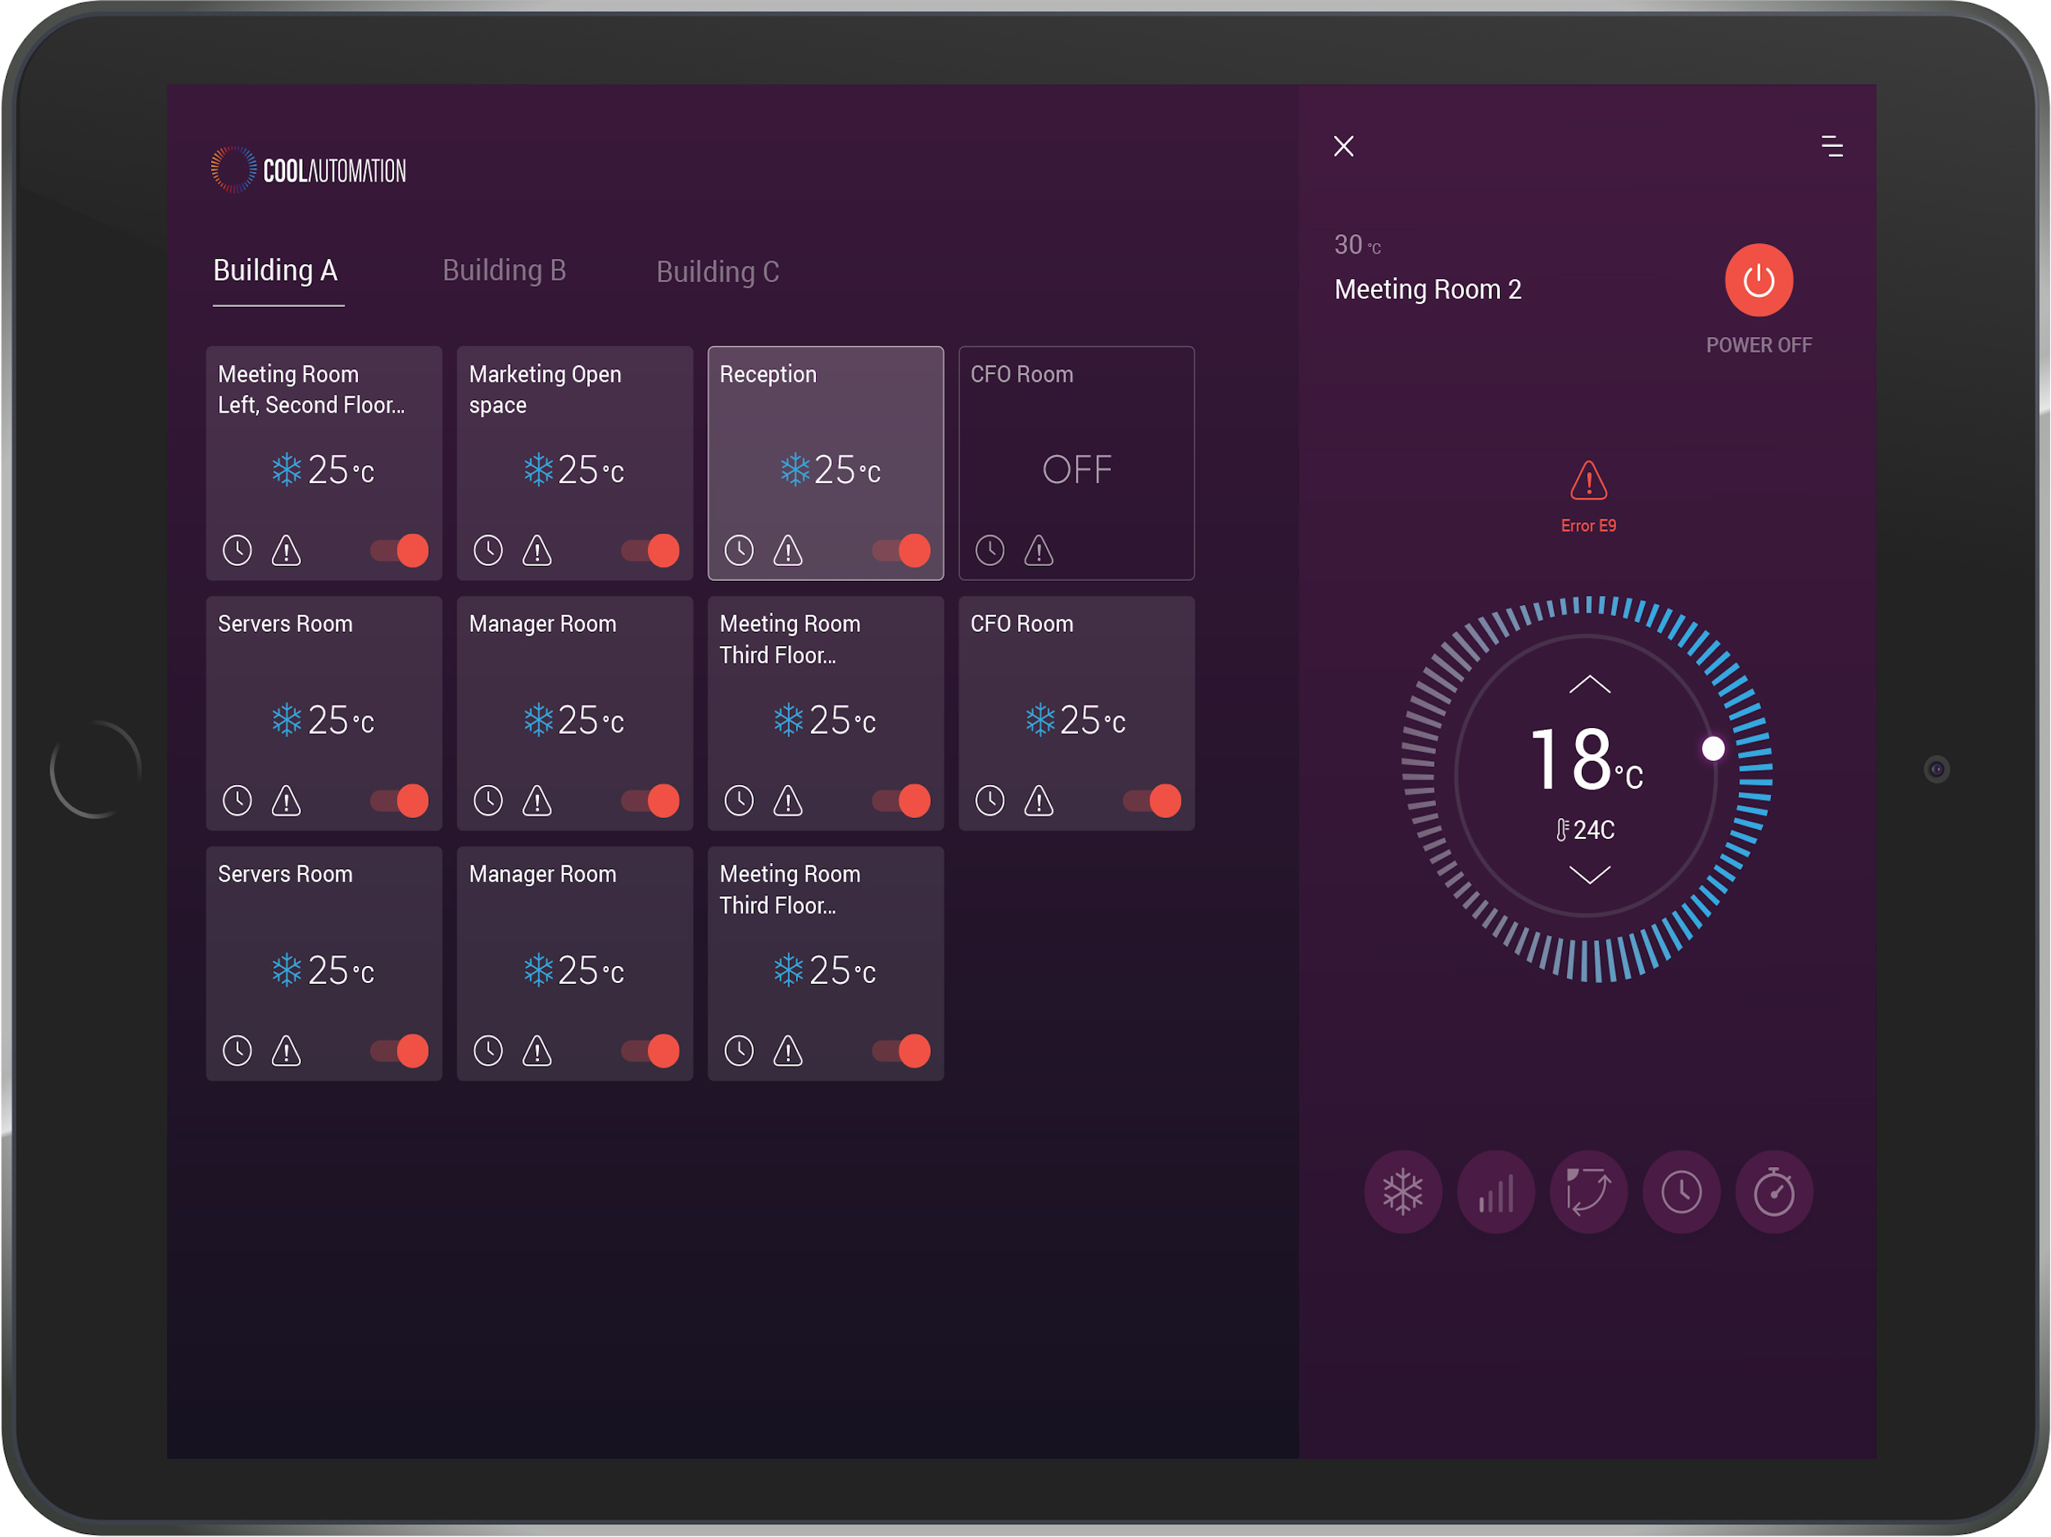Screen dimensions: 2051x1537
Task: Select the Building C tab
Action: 718,272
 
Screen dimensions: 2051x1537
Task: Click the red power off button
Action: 1758,280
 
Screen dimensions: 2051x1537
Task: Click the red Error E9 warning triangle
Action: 1589,480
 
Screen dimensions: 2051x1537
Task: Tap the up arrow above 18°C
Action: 1589,684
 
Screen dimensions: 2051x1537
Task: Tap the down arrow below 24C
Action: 1589,874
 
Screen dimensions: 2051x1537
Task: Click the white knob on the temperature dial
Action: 1712,748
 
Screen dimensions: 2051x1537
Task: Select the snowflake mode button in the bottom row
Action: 1403,1191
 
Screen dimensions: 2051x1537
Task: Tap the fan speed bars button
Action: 1495,1191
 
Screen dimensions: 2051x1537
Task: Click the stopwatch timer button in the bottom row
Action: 1774,1191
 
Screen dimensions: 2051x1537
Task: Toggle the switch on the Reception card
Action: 901,551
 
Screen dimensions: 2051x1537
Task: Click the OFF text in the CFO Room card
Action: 1077,470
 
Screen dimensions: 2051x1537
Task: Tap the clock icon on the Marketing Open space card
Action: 488,551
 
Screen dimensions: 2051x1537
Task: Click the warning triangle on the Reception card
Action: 788,551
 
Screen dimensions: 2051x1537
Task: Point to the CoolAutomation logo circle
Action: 233,170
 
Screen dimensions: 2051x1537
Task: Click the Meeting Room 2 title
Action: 1427,289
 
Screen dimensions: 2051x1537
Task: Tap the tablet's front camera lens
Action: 1936,769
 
